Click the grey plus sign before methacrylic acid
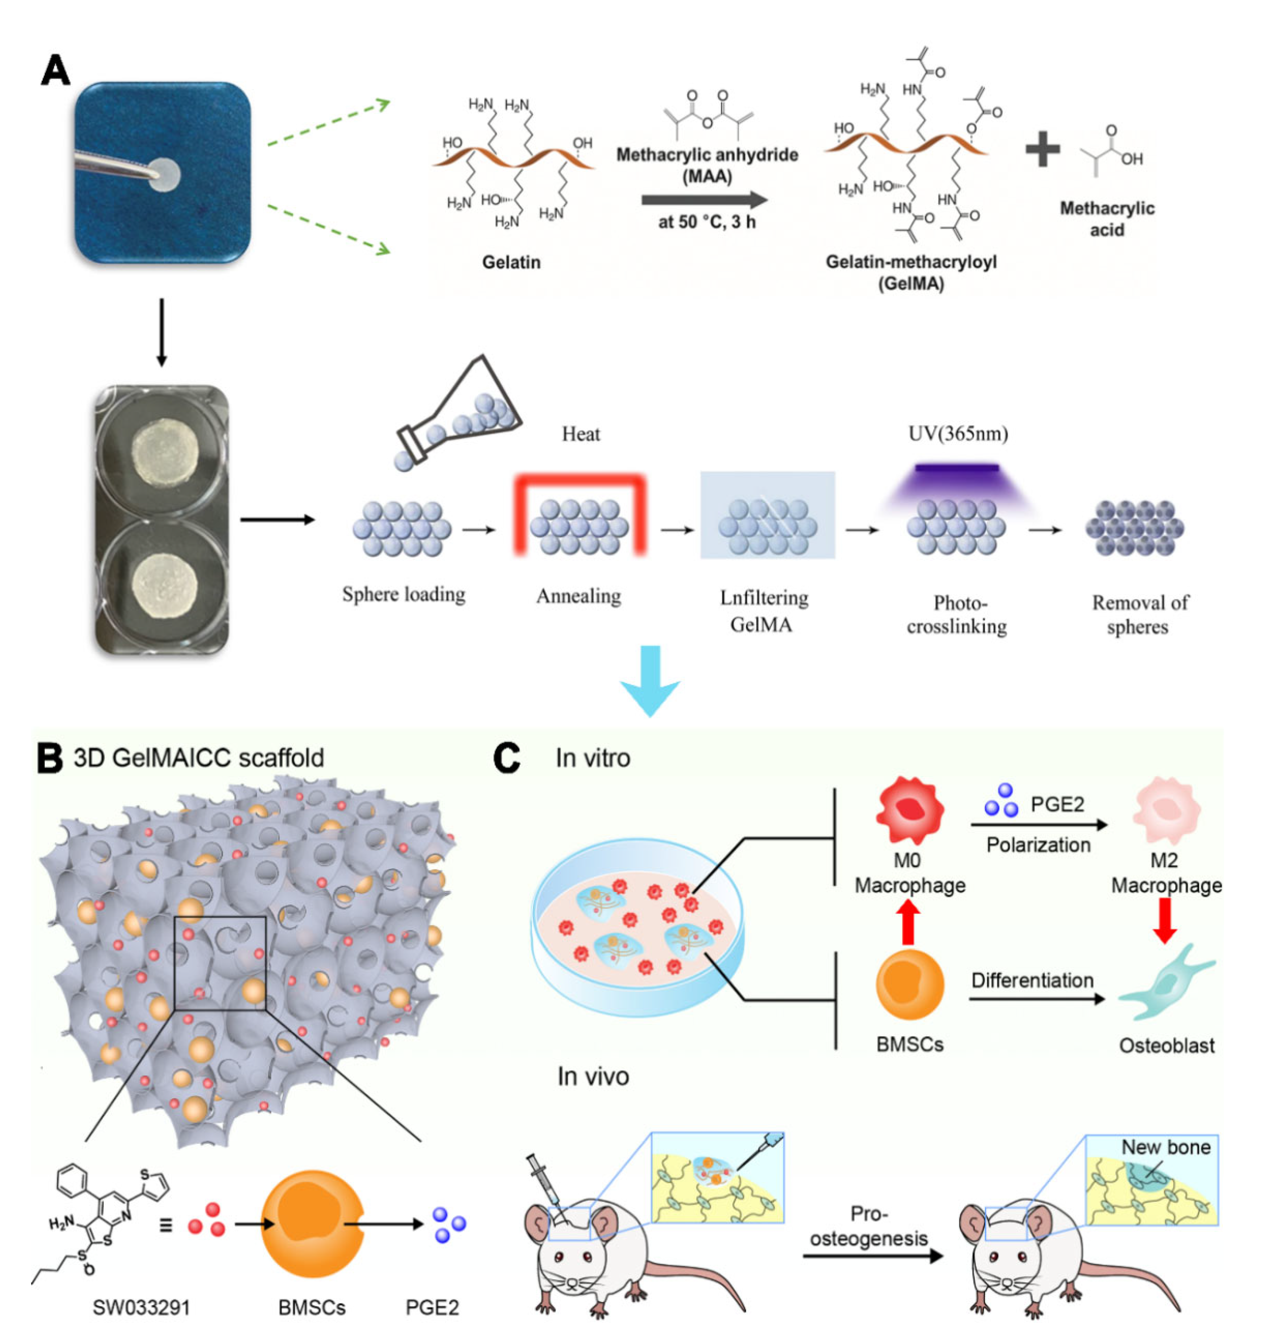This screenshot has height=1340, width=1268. click(x=1042, y=149)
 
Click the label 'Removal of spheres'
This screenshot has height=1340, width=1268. click(x=1140, y=614)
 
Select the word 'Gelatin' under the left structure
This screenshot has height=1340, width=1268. click(x=511, y=262)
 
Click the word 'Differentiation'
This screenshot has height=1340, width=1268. click(x=1032, y=980)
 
